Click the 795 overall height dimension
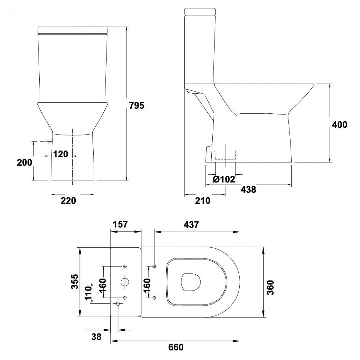137,105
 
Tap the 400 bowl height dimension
339,124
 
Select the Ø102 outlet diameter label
224,179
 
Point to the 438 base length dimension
248,190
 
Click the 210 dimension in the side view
203,200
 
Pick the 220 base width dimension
68,200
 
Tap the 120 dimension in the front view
61,154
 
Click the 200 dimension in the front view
25,162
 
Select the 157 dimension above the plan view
120,224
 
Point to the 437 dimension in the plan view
191,225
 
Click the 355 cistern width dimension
75,282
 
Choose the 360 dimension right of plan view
271,287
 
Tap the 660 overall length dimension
176,347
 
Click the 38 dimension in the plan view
96,337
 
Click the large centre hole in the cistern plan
125,282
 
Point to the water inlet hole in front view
49,142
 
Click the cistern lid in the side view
200,12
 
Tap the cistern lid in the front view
73,30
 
